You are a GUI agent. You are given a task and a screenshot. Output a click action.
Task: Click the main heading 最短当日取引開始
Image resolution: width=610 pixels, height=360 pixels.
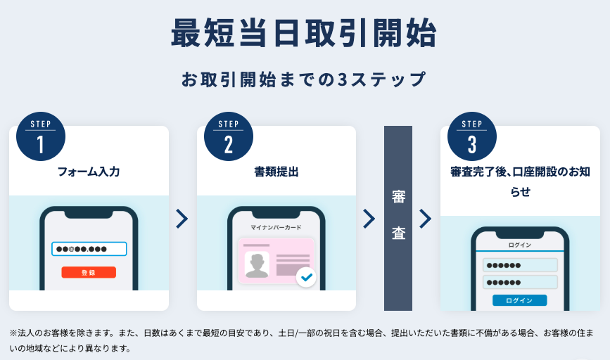pyautogui.click(x=304, y=34)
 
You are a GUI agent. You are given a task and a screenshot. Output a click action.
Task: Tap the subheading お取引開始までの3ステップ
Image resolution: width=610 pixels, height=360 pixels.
pyautogui.click(x=304, y=79)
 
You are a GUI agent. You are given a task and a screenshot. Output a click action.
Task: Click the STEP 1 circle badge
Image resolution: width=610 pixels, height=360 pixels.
pyautogui.click(x=41, y=136)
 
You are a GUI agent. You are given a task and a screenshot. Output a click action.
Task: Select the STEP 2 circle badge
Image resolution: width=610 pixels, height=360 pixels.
pyautogui.click(x=229, y=136)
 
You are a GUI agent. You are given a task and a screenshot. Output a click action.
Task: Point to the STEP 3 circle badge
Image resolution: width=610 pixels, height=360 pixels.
pyautogui.click(x=472, y=136)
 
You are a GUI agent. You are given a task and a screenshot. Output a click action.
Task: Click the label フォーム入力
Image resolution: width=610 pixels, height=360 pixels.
pyautogui.click(x=89, y=172)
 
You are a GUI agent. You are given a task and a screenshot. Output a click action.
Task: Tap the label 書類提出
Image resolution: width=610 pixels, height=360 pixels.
pyautogui.click(x=277, y=172)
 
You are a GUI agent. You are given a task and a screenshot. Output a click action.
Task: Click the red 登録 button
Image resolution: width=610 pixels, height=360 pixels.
pyautogui.click(x=89, y=272)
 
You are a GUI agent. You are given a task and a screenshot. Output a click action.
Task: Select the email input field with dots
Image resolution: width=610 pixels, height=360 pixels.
pyautogui.click(x=89, y=249)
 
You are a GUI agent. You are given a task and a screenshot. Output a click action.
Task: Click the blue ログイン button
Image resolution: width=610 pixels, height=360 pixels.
pyautogui.click(x=520, y=300)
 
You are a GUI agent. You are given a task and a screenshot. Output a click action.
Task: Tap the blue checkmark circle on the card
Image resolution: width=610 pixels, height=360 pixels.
pyautogui.click(x=306, y=277)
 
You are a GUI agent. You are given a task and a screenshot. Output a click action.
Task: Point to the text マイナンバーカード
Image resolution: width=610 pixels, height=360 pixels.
pyautogui.click(x=276, y=227)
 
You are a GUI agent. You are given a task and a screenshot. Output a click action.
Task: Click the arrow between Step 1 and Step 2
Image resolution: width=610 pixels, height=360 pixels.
pyautogui.click(x=182, y=219)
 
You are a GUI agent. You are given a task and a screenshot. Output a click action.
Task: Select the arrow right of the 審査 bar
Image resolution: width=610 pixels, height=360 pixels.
pyautogui.click(x=426, y=219)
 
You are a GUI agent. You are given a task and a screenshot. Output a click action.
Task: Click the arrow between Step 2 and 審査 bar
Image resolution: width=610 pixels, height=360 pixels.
pyautogui.click(x=369, y=219)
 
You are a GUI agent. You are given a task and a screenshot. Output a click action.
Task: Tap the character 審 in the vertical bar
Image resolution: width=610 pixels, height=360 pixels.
pyautogui.click(x=398, y=197)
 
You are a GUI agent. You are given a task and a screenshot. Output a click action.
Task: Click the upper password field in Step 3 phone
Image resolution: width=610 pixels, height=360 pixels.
pyautogui.click(x=520, y=265)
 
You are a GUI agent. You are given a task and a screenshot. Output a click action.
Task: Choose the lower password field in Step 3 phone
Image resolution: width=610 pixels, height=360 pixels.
pyautogui.click(x=520, y=282)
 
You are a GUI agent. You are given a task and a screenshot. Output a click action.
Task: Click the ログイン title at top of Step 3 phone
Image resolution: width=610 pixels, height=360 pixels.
pyautogui.click(x=520, y=245)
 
